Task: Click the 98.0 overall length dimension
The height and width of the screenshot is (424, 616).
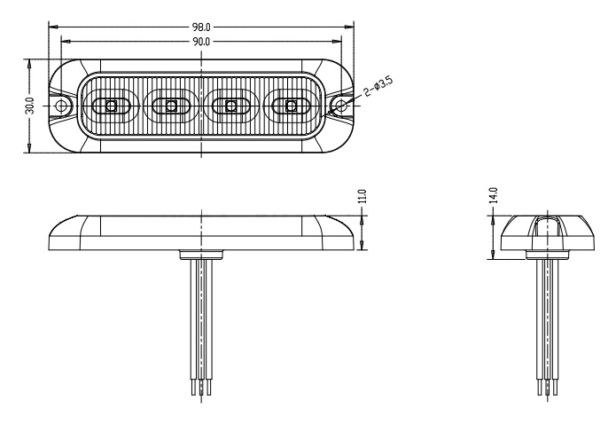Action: coord(201,27)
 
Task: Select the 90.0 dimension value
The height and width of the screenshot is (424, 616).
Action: coord(201,41)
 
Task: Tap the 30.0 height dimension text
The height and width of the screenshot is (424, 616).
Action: coord(30,106)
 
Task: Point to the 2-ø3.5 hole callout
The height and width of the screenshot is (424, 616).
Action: coord(378,86)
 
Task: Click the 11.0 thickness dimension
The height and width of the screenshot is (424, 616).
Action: coord(362,198)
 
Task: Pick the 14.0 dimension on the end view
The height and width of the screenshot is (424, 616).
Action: coord(493,194)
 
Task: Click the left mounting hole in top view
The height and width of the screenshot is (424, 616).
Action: coord(61,106)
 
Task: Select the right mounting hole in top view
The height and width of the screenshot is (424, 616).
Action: coord(340,106)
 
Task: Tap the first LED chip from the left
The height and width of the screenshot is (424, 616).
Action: coord(112,106)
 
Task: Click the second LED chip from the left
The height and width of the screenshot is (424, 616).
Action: coord(171,106)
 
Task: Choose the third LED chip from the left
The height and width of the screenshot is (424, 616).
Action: coord(231,106)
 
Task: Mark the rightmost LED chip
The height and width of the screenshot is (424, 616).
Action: coord(291,106)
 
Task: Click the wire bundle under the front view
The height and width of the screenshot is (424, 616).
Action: coord(203,319)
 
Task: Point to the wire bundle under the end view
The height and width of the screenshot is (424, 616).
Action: coord(548,319)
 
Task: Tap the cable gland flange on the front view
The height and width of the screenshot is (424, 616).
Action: coord(203,255)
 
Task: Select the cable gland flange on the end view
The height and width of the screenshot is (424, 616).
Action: coord(548,255)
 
